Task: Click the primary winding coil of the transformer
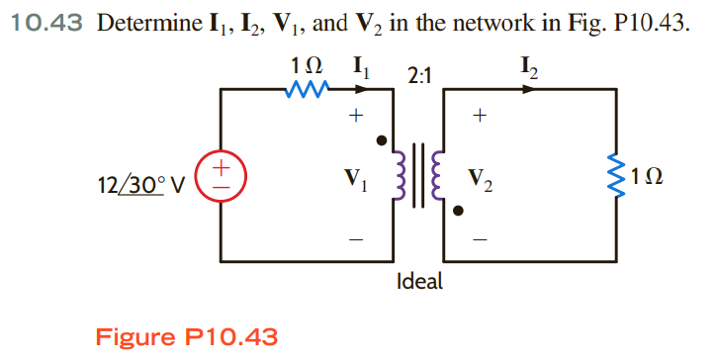coord(402,177)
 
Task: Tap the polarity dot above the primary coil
coord(381,140)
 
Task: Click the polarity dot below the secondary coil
coord(457,211)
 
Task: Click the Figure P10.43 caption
coord(186,336)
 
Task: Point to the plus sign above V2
coord(480,116)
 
